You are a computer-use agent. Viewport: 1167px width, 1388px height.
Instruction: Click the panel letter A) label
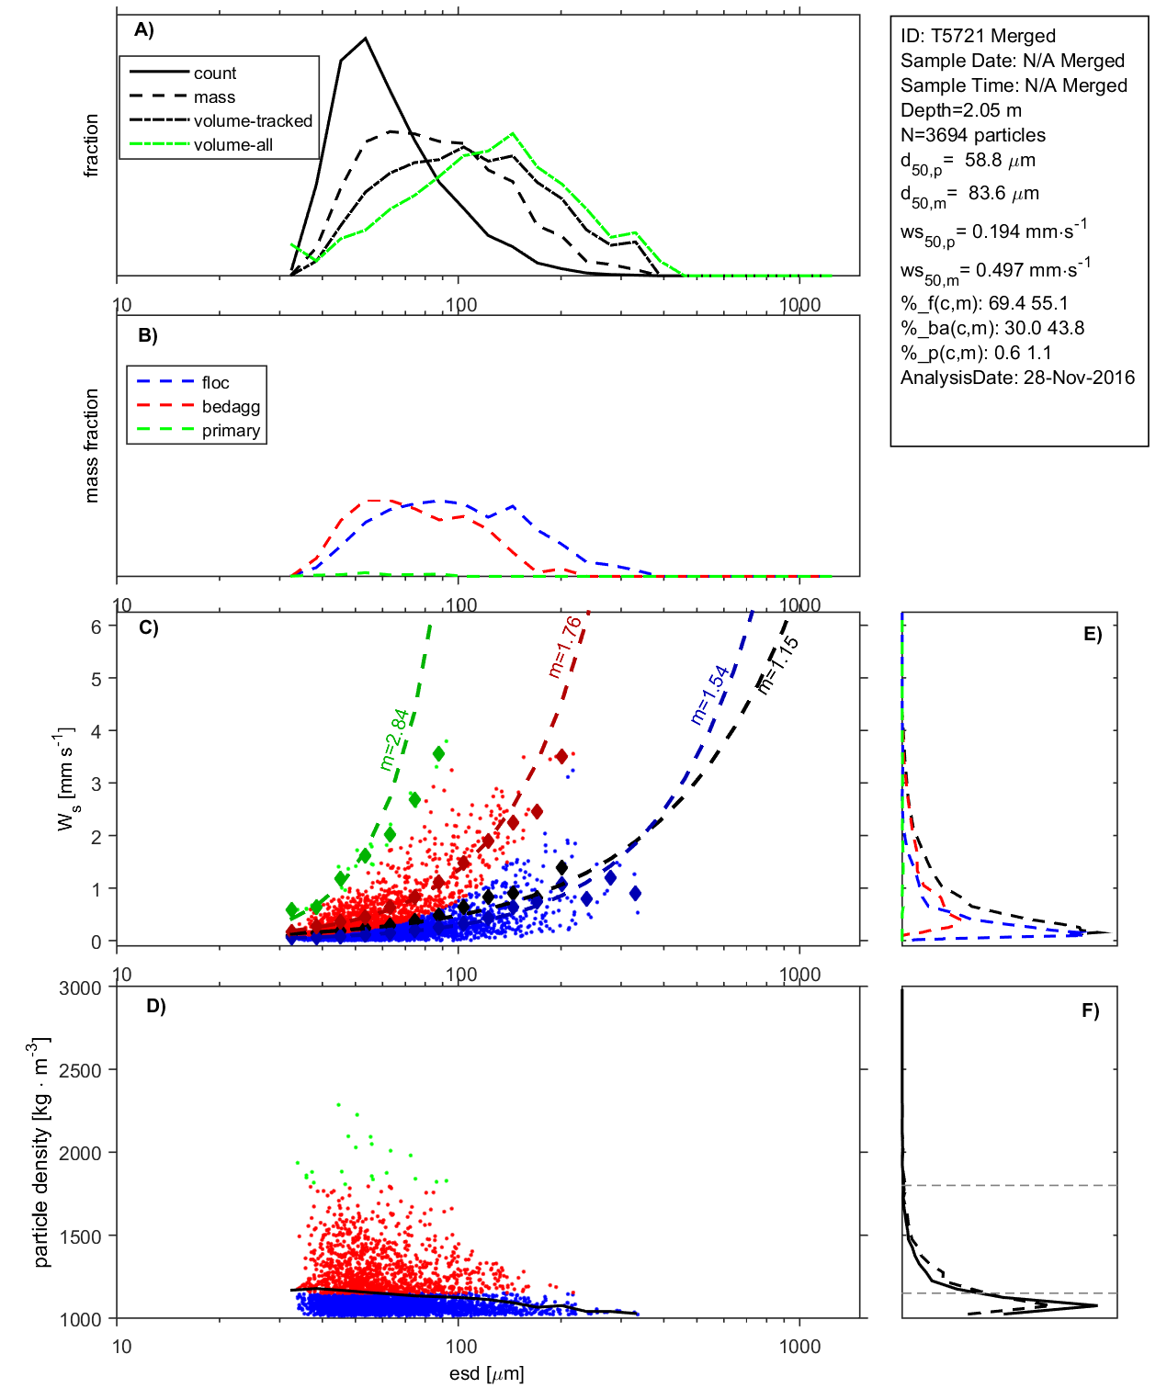pyautogui.click(x=144, y=30)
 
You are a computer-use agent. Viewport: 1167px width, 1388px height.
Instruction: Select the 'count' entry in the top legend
pyautogui.click(x=214, y=73)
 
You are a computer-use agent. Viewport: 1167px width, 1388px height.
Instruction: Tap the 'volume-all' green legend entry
pyautogui.click(x=232, y=145)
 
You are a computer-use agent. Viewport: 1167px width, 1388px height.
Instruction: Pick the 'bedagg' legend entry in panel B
pyautogui.click(x=231, y=407)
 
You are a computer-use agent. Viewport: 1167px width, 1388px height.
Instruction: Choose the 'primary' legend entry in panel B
pyautogui.click(x=231, y=431)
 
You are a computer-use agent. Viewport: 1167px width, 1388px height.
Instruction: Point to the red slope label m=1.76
pyautogui.click(x=564, y=647)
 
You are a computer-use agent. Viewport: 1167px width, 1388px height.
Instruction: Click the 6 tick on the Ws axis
pyautogui.click(x=96, y=626)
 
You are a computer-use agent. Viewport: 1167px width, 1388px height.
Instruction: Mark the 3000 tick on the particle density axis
pyautogui.click(x=80, y=988)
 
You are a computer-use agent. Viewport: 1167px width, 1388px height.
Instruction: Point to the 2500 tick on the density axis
pyautogui.click(x=80, y=1071)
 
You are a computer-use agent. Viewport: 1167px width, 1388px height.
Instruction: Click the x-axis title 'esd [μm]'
pyautogui.click(x=486, y=1374)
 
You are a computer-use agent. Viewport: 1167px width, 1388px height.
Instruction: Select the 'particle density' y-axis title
pyautogui.click(x=40, y=1153)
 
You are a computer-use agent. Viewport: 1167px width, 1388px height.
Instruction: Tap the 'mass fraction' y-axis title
pyautogui.click(x=91, y=446)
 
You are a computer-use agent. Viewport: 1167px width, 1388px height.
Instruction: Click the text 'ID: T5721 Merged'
pyautogui.click(x=978, y=36)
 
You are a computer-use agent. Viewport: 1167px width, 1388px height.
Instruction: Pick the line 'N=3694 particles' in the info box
pyautogui.click(x=972, y=135)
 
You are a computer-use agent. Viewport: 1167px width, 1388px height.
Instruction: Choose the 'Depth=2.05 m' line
pyautogui.click(x=960, y=110)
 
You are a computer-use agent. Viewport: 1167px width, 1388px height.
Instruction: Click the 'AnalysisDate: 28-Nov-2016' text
pyautogui.click(x=1017, y=378)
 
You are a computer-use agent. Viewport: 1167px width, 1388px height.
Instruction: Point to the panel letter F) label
pyautogui.click(x=1090, y=1011)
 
